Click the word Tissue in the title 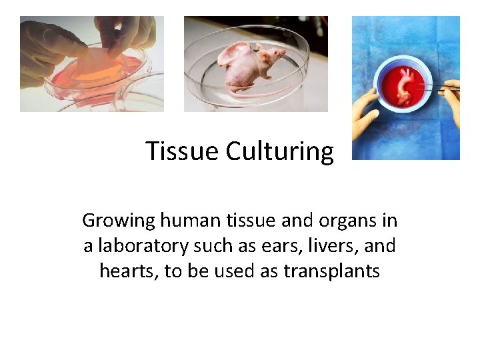(x=182, y=151)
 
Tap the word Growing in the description (x=118, y=220)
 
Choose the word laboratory (x=143, y=246)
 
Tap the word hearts (x=125, y=271)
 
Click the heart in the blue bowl (x=403, y=87)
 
